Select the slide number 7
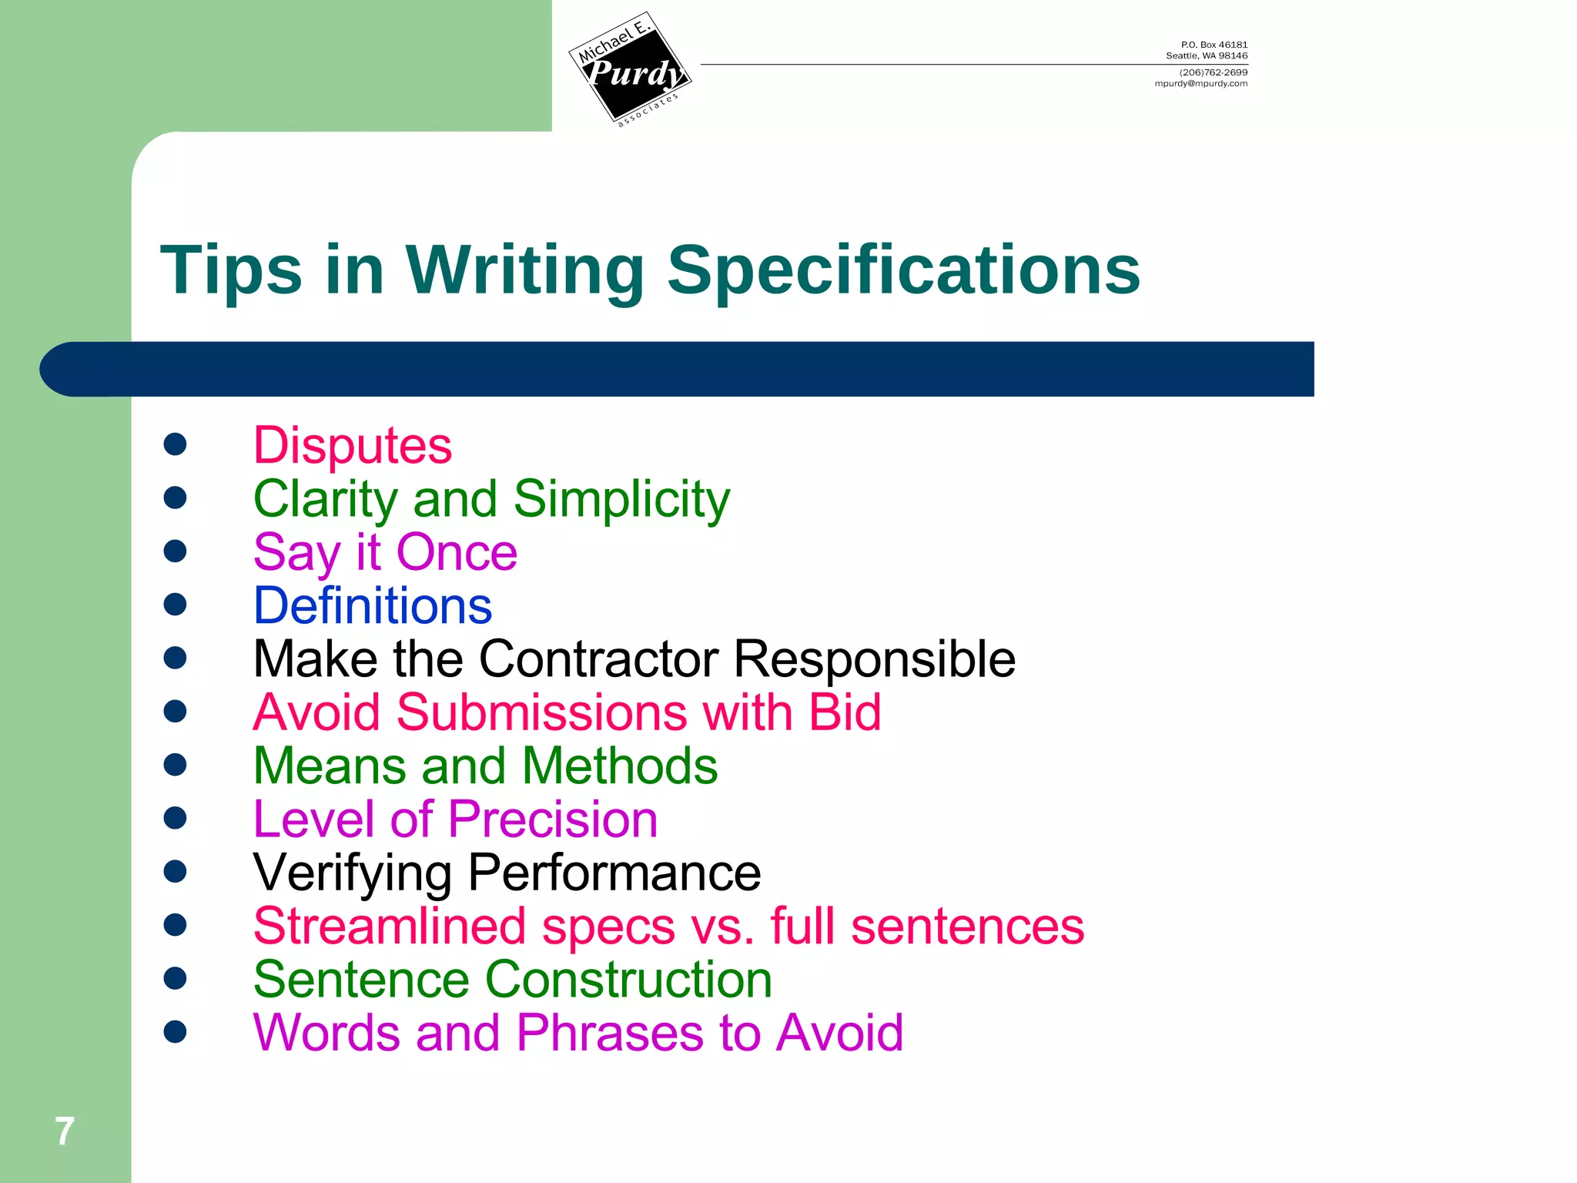65,1131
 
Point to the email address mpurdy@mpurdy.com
1200,84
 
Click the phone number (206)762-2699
1213,72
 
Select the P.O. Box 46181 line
1214,45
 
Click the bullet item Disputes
353,446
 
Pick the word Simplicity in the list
621,499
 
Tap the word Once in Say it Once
457,552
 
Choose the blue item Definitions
373,606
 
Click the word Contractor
598,659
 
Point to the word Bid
844,712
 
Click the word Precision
552,819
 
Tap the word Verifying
352,873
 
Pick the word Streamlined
390,926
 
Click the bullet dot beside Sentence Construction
176,978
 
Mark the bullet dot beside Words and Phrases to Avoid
176,1031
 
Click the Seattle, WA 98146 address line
1206,56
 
